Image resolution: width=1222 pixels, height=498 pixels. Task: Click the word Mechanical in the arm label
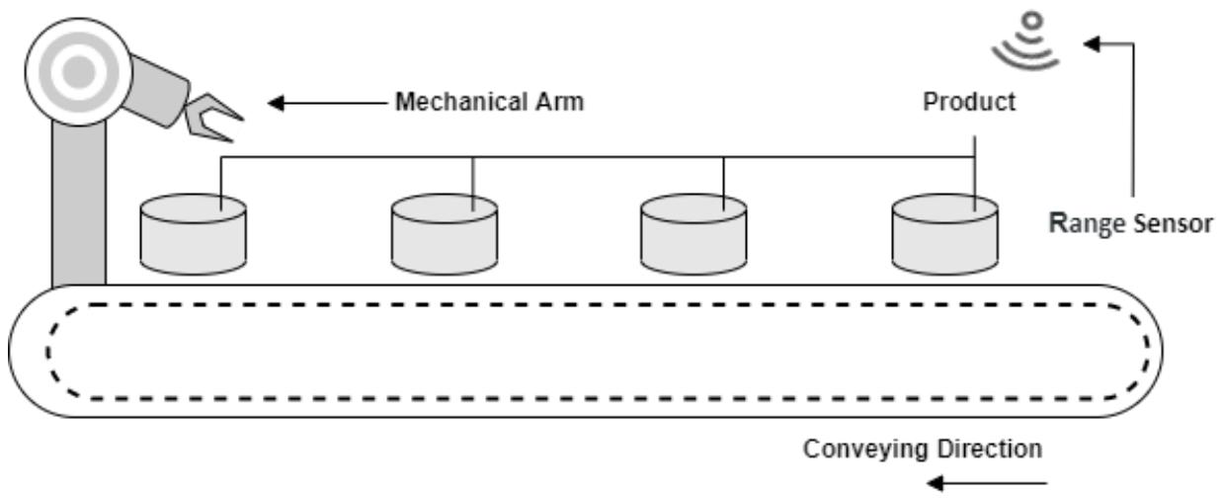pyautogui.click(x=461, y=102)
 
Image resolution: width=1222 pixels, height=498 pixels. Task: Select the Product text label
pyautogui.click(x=969, y=102)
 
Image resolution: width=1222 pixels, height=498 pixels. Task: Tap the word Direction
pyautogui.click(x=988, y=449)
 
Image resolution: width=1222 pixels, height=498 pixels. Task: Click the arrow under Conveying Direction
pyautogui.click(x=987, y=483)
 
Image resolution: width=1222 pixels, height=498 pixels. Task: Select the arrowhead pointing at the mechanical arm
pyautogui.click(x=276, y=103)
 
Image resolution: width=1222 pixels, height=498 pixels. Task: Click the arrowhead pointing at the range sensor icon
pyautogui.click(x=1091, y=43)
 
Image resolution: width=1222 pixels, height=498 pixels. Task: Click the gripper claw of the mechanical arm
pyautogui.click(x=211, y=118)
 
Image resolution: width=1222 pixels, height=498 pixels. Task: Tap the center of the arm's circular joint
pyautogui.click(x=79, y=72)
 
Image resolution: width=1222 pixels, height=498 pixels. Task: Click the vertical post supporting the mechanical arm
pyautogui.click(x=79, y=205)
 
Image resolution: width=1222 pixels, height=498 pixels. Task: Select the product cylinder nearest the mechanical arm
pyautogui.click(x=193, y=234)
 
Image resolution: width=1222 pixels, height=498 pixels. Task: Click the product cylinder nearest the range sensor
pyautogui.click(x=944, y=234)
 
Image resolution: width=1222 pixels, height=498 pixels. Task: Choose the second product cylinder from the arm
pyautogui.click(x=445, y=234)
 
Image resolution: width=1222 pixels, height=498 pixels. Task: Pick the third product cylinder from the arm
pyautogui.click(x=693, y=234)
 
